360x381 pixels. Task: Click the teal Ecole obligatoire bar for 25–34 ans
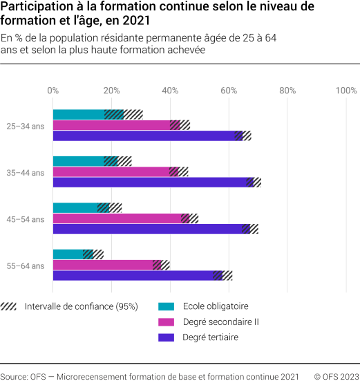coord(79,115)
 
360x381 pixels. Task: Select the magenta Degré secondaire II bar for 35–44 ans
coord(111,171)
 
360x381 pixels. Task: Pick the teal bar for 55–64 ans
coord(68,254)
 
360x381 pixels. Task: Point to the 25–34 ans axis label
coord(26,126)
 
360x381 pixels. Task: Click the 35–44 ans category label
coord(26,172)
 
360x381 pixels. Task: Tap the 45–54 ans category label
coord(26,219)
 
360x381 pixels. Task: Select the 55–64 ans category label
coord(26,266)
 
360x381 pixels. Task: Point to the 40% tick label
coord(170,90)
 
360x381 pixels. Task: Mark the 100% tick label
coord(345,90)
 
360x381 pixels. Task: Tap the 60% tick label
coord(229,90)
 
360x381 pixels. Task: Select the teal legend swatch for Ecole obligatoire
coord(167,306)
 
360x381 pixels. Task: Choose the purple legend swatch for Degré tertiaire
coord(167,338)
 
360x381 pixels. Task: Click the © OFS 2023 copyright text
coord(336,376)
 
